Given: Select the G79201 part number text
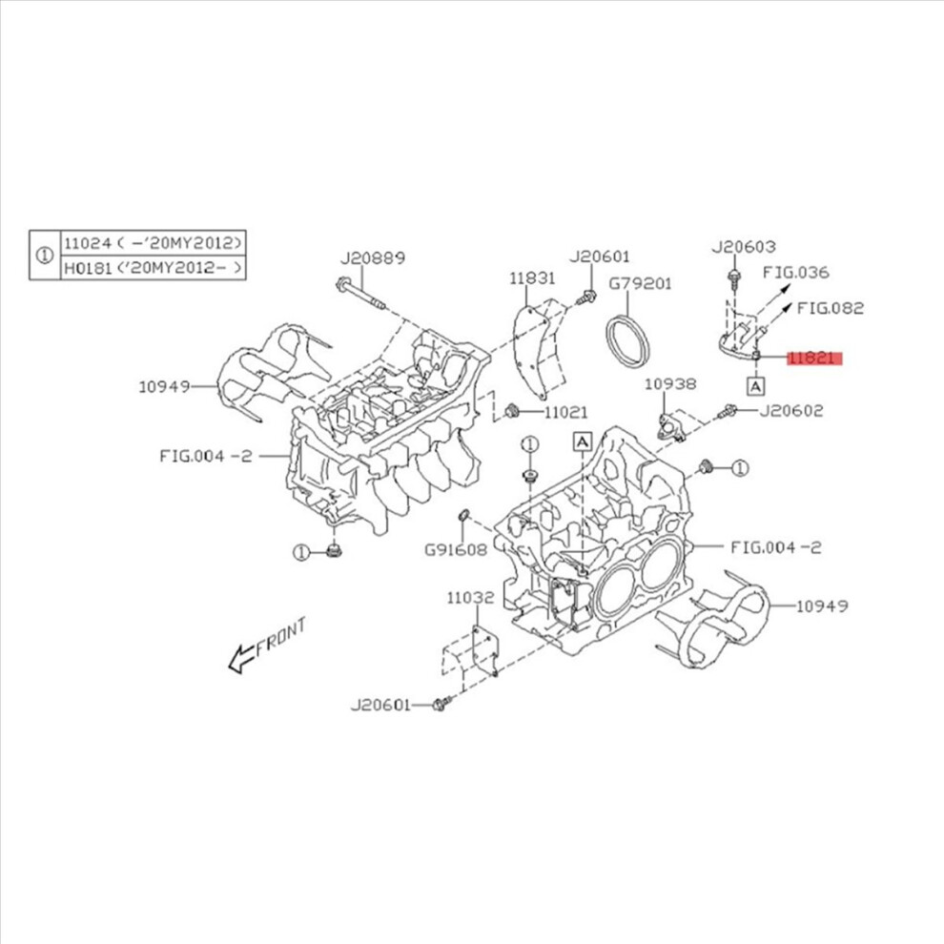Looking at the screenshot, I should pyautogui.click(x=641, y=283).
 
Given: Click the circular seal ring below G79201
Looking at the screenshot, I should pyautogui.click(x=628, y=339).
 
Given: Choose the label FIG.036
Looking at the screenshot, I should pyautogui.click(x=796, y=272).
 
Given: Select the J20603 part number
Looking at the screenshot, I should pyautogui.click(x=744, y=247).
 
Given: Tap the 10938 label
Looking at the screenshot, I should pyautogui.click(x=670, y=383).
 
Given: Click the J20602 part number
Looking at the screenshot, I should pyautogui.click(x=790, y=411).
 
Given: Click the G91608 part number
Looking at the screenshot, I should pyautogui.click(x=456, y=549).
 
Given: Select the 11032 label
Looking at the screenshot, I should pyautogui.click(x=470, y=597).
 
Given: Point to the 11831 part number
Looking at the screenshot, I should pyautogui.click(x=531, y=278).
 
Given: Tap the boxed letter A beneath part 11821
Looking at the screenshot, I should pyautogui.click(x=755, y=386).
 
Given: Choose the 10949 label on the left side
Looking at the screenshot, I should pyautogui.click(x=162, y=386).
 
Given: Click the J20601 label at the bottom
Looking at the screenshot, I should pyautogui.click(x=380, y=706).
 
